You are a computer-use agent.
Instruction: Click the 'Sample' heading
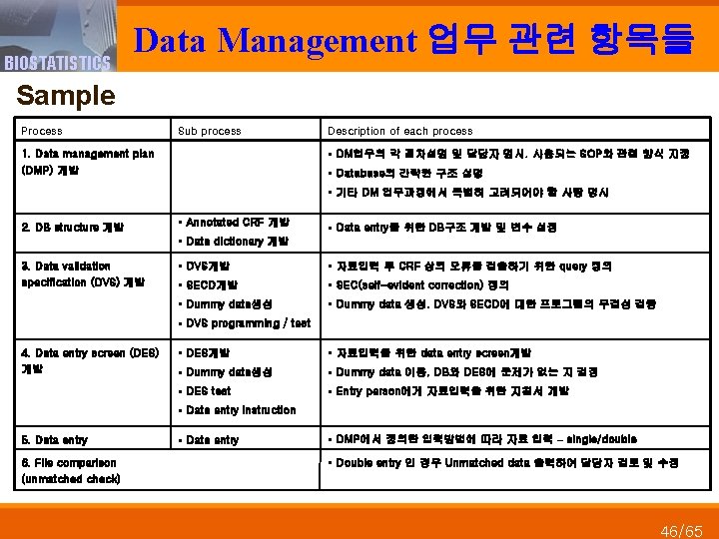click(67, 96)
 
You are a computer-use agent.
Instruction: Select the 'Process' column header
click(41, 131)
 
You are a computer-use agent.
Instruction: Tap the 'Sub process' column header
click(209, 131)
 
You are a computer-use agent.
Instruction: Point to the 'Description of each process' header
click(399, 131)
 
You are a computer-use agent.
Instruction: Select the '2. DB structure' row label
click(71, 227)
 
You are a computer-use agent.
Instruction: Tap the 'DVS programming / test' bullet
click(246, 323)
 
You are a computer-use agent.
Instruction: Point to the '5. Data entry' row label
click(55, 440)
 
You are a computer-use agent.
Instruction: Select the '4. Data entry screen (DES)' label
click(90, 352)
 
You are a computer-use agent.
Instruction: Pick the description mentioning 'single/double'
click(485, 439)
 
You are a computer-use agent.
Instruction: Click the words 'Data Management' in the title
click(275, 40)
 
